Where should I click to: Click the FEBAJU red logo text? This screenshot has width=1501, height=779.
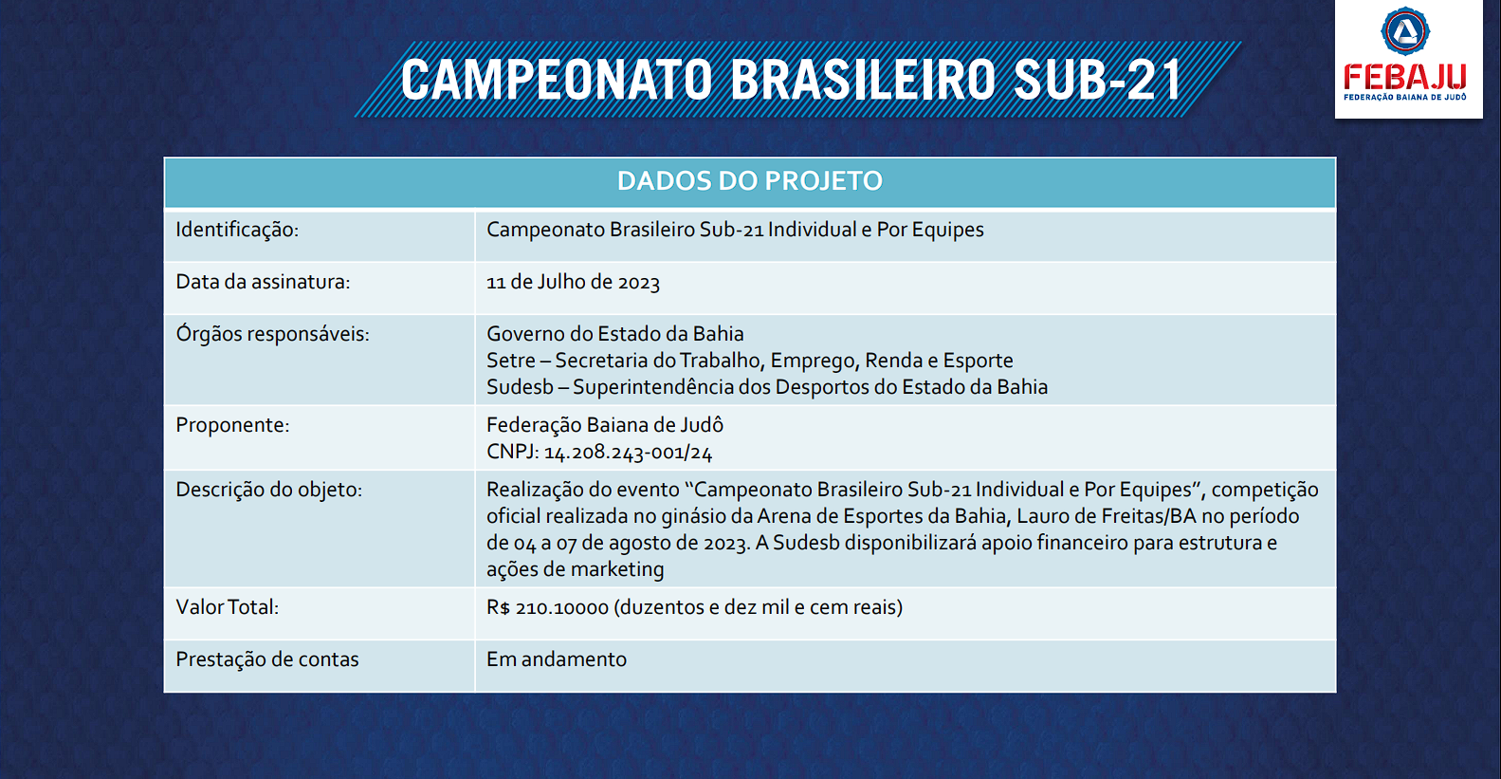coord(1404,77)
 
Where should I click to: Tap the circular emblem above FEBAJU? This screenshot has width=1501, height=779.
coord(1405,31)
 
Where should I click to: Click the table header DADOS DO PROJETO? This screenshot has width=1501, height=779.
coord(750,181)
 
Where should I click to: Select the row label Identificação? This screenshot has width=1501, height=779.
coord(237,230)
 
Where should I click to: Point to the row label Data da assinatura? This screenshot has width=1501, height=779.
coord(263,282)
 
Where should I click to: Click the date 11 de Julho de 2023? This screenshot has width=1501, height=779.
coord(573,282)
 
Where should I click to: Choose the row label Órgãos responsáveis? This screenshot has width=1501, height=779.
coord(273,333)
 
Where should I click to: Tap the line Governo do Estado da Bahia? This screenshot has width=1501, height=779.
coord(615,334)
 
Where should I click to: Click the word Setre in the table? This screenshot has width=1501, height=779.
coord(511,361)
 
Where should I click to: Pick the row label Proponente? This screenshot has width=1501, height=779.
coord(232,426)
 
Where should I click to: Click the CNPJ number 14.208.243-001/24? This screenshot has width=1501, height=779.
coord(628,453)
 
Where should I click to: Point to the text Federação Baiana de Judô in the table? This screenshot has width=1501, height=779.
coord(605,425)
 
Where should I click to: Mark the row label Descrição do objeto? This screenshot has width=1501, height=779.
coord(268,490)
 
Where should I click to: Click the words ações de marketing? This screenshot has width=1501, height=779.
coord(575,570)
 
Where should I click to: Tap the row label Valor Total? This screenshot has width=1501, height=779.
coord(228,607)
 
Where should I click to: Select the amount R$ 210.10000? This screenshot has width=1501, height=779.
coord(547,608)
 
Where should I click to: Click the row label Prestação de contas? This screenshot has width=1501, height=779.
coord(267,659)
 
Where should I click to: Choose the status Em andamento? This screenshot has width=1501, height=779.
coord(557,659)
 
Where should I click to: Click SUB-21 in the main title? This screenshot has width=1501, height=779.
coord(1097,80)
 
